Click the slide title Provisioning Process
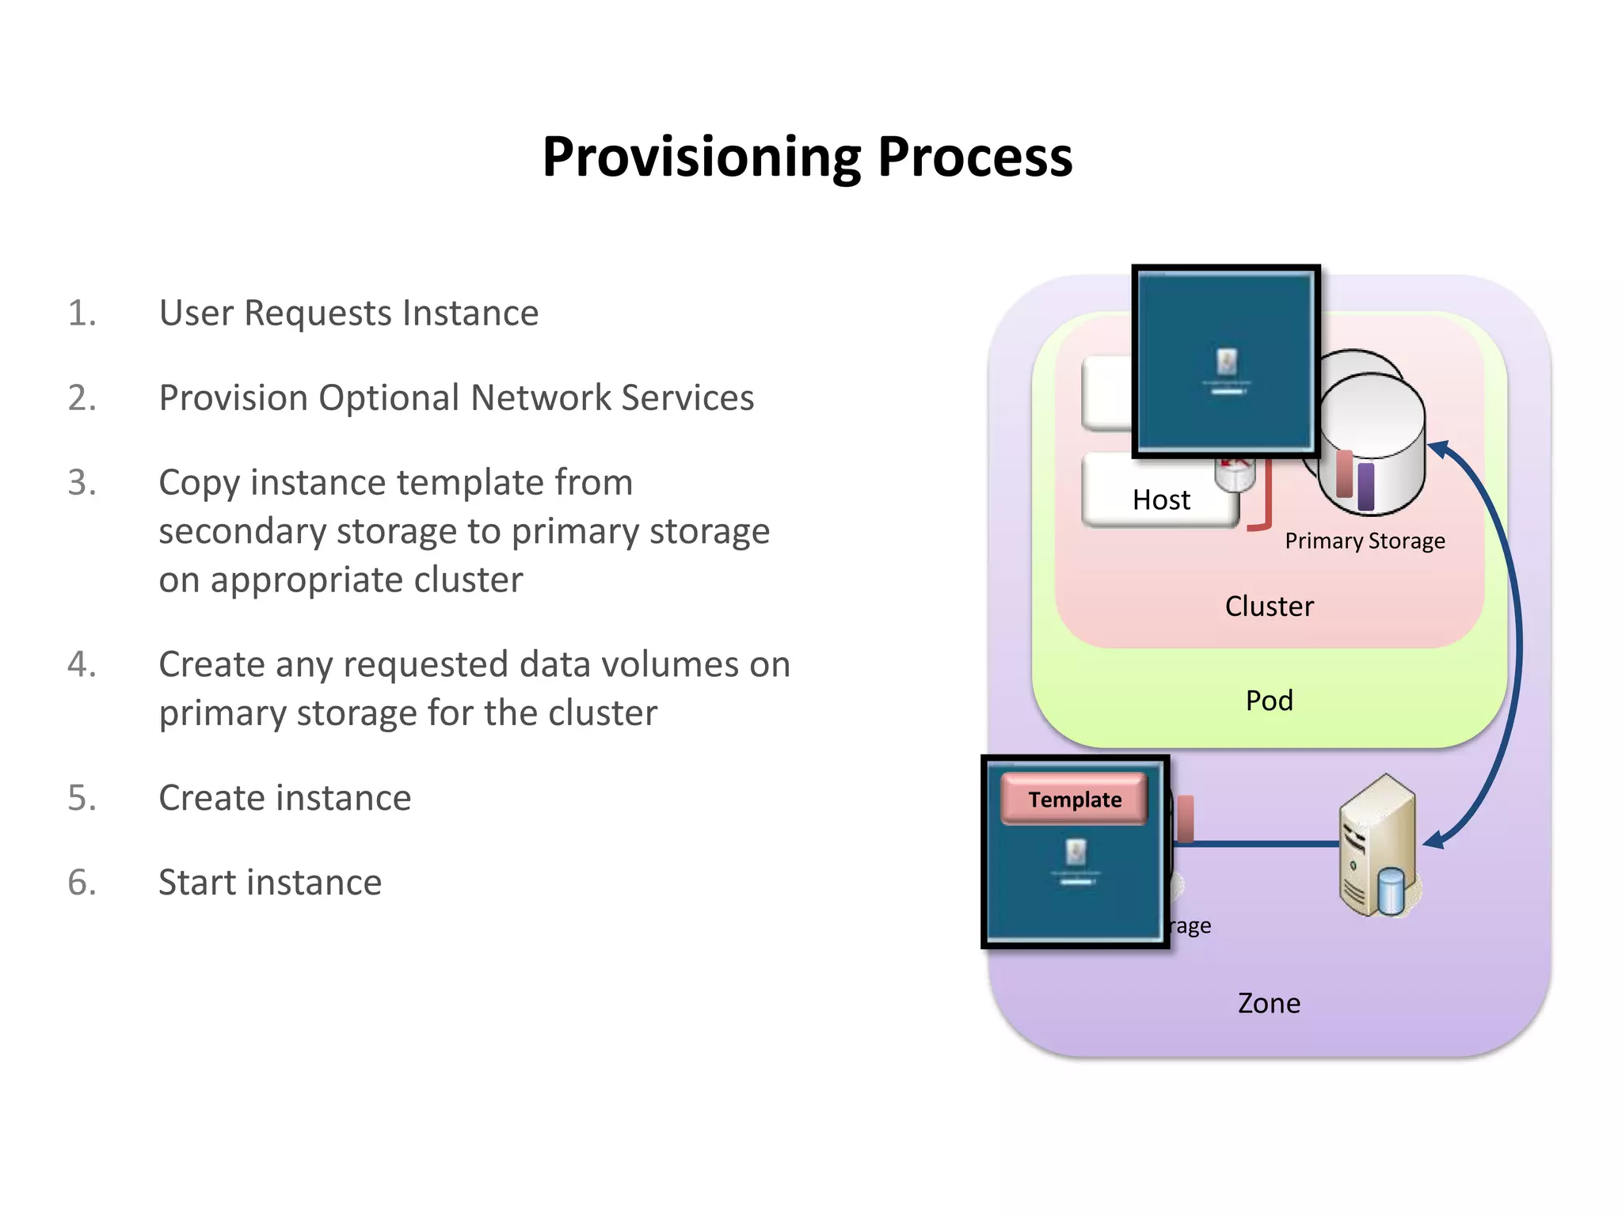807,157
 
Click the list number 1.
82,313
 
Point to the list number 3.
82,482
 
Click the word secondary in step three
242,531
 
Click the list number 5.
82,797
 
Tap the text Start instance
270,882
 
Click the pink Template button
1074,800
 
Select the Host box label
1161,500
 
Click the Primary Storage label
1365,541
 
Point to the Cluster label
1269,606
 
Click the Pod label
1269,701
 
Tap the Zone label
1269,1004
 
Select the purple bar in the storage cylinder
1365,486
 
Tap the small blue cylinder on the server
1391,891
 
